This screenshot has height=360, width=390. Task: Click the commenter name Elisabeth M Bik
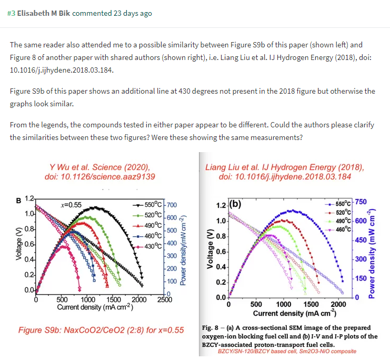click(43, 13)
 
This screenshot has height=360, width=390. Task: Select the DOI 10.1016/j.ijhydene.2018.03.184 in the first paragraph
click(60, 69)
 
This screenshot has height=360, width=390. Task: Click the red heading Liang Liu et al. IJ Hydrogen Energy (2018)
click(285, 167)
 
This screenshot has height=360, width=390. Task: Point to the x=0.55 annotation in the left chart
click(72, 205)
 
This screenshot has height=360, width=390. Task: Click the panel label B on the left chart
click(19, 200)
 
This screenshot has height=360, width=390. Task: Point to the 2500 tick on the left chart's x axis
click(164, 299)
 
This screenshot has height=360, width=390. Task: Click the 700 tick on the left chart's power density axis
click(172, 205)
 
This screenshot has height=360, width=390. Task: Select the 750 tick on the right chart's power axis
click(361, 202)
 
